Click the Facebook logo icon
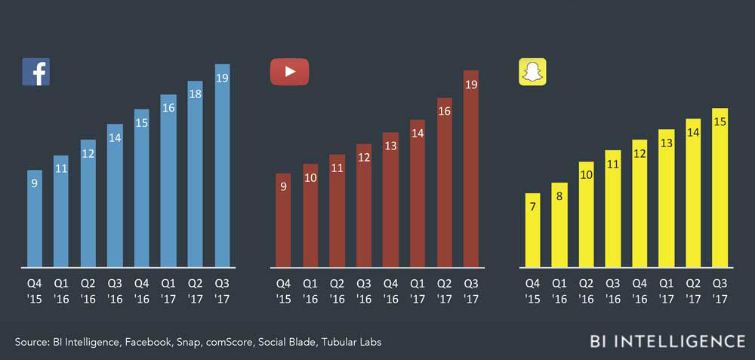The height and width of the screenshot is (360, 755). click(35, 72)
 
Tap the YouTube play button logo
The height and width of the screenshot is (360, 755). click(290, 72)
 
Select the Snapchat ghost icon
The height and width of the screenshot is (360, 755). click(532, 72)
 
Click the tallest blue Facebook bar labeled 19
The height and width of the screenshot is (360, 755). click(222, 166)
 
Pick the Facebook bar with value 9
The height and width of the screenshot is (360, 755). click(35, 219)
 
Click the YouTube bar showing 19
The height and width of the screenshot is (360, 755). click(471, 169)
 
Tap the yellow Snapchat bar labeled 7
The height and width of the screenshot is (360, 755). click(533, 230)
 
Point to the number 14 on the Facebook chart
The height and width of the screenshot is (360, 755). click(115, 138)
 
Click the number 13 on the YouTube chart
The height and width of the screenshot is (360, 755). click(390, 146)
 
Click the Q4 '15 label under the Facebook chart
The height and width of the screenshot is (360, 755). click(35, 291)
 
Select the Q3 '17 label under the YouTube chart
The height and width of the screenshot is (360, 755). click(470, 291)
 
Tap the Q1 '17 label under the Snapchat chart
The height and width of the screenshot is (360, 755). click(666, 291)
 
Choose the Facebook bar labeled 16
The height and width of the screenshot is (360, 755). click(168, 181)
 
